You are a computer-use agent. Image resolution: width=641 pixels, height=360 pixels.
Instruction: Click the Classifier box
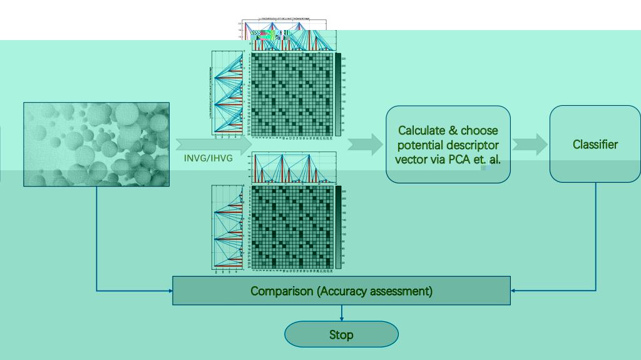[595, 145]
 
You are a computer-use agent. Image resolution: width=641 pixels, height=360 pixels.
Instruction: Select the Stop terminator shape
[341, 334]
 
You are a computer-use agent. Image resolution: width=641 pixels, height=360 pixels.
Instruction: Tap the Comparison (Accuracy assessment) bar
[341, 291]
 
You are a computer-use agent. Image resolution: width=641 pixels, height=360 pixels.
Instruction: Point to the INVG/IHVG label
[208, 158]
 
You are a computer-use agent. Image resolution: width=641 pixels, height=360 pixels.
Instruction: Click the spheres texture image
[96, 144]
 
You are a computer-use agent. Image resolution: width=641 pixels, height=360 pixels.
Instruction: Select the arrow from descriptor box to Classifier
[530, 145]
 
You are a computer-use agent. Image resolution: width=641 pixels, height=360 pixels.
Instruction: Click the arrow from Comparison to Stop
[341, 313]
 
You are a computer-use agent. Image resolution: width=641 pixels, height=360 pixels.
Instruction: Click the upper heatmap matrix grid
[292, 94]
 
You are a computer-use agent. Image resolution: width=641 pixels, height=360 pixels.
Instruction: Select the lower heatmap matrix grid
[292, 227]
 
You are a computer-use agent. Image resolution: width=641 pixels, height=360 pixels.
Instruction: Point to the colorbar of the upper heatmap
[338, 94]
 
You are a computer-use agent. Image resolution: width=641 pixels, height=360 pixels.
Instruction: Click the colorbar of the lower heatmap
[338, 227]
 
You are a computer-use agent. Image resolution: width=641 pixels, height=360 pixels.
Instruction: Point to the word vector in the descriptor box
[411, 160]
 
